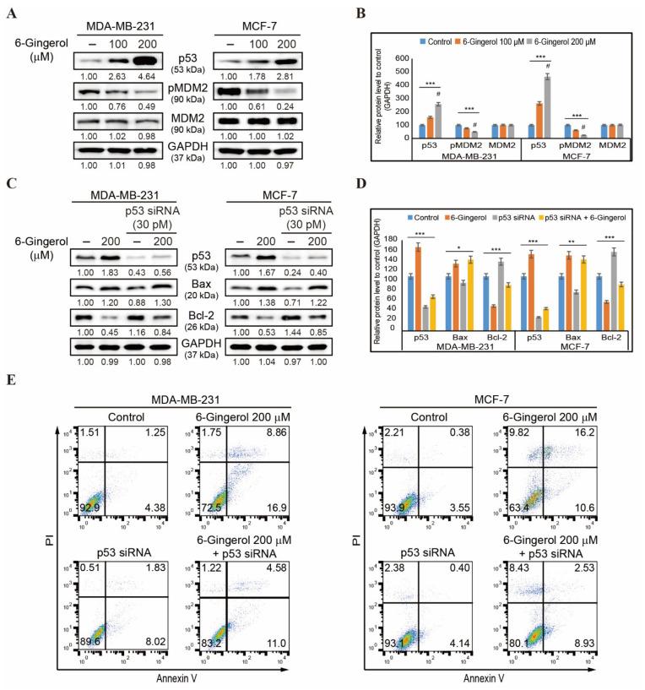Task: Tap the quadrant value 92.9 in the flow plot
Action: pos(95,528)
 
